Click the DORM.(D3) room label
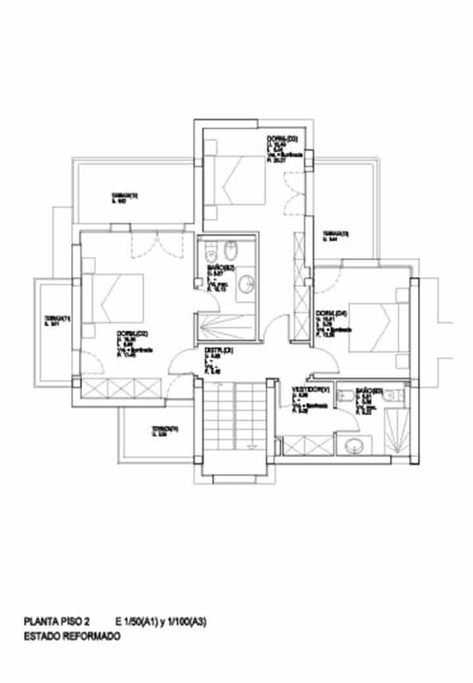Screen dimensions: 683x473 coord(282,139)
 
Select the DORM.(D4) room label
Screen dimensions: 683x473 coord(330,313)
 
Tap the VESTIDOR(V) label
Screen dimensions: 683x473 coord(309,390)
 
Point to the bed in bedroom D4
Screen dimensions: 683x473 coord(371,326)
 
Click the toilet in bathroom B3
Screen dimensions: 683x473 coord(394,395)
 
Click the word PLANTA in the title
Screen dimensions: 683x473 coord(40,621)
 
